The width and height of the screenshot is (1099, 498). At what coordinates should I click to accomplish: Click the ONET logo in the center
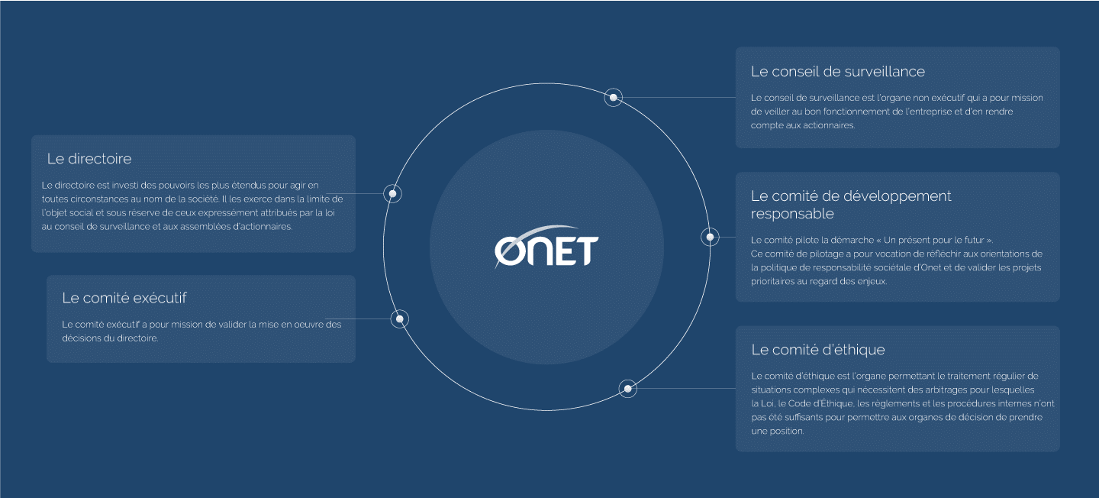(546, 247)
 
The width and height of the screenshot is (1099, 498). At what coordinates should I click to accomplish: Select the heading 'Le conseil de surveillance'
(837, 72)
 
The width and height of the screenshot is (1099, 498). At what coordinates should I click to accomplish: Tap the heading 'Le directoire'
(89, 159)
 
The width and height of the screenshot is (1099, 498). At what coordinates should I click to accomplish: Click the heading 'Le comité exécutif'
(124, 298)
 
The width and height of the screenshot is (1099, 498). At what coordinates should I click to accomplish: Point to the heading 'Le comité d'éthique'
(818, 350)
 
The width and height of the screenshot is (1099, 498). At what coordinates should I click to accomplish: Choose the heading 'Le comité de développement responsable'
(851, 205)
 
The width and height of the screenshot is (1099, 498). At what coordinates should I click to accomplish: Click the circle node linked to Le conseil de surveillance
(614, 97)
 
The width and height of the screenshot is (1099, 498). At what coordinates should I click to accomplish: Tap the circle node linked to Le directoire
(392, 193)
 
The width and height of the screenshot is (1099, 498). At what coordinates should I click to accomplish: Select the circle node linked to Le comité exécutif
(400, 319)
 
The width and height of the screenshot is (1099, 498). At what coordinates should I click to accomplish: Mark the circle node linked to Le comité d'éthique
(627, 389)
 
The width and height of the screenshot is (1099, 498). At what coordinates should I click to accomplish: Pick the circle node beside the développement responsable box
(710, 238)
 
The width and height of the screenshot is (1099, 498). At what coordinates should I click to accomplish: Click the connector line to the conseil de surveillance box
(679, 97)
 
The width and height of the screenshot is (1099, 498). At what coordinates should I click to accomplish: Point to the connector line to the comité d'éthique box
(686, 389)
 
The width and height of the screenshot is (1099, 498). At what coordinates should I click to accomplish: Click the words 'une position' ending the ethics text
(778, 432)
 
